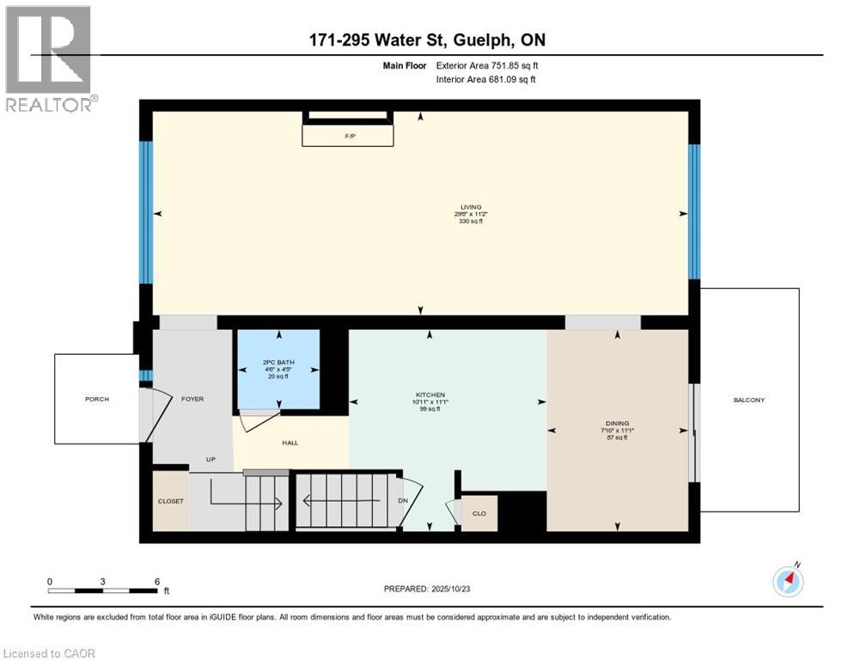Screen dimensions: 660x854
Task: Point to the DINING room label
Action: click(617, 423)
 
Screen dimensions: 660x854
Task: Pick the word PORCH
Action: click(97, 399)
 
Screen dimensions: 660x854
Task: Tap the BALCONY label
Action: click(748, 400)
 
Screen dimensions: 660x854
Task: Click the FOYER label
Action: click(192, 399)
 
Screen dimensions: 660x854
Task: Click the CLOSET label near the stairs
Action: click(170, 500)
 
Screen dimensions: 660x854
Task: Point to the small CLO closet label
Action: click(479, 513)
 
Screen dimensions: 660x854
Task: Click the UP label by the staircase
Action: click(210, 459)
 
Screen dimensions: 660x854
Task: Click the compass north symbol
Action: click(788, 582)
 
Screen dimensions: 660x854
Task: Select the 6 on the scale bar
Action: click(156, 581)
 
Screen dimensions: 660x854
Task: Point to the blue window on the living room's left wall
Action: click(146, 212)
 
